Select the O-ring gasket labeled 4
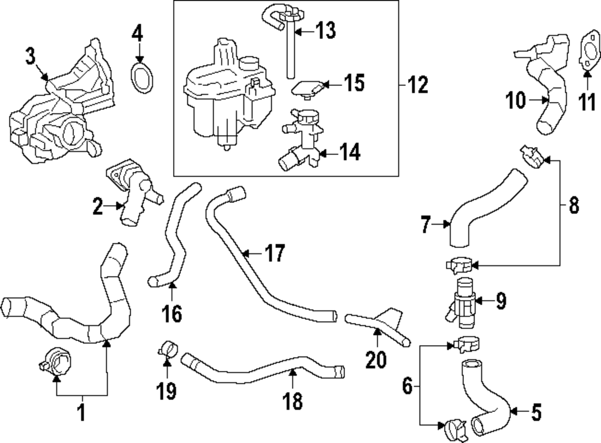142,80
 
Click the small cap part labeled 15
307,88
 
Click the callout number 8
573,206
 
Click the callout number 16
171,313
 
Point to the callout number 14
348,152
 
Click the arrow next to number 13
303,29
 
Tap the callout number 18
293,402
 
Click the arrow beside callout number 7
445,225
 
